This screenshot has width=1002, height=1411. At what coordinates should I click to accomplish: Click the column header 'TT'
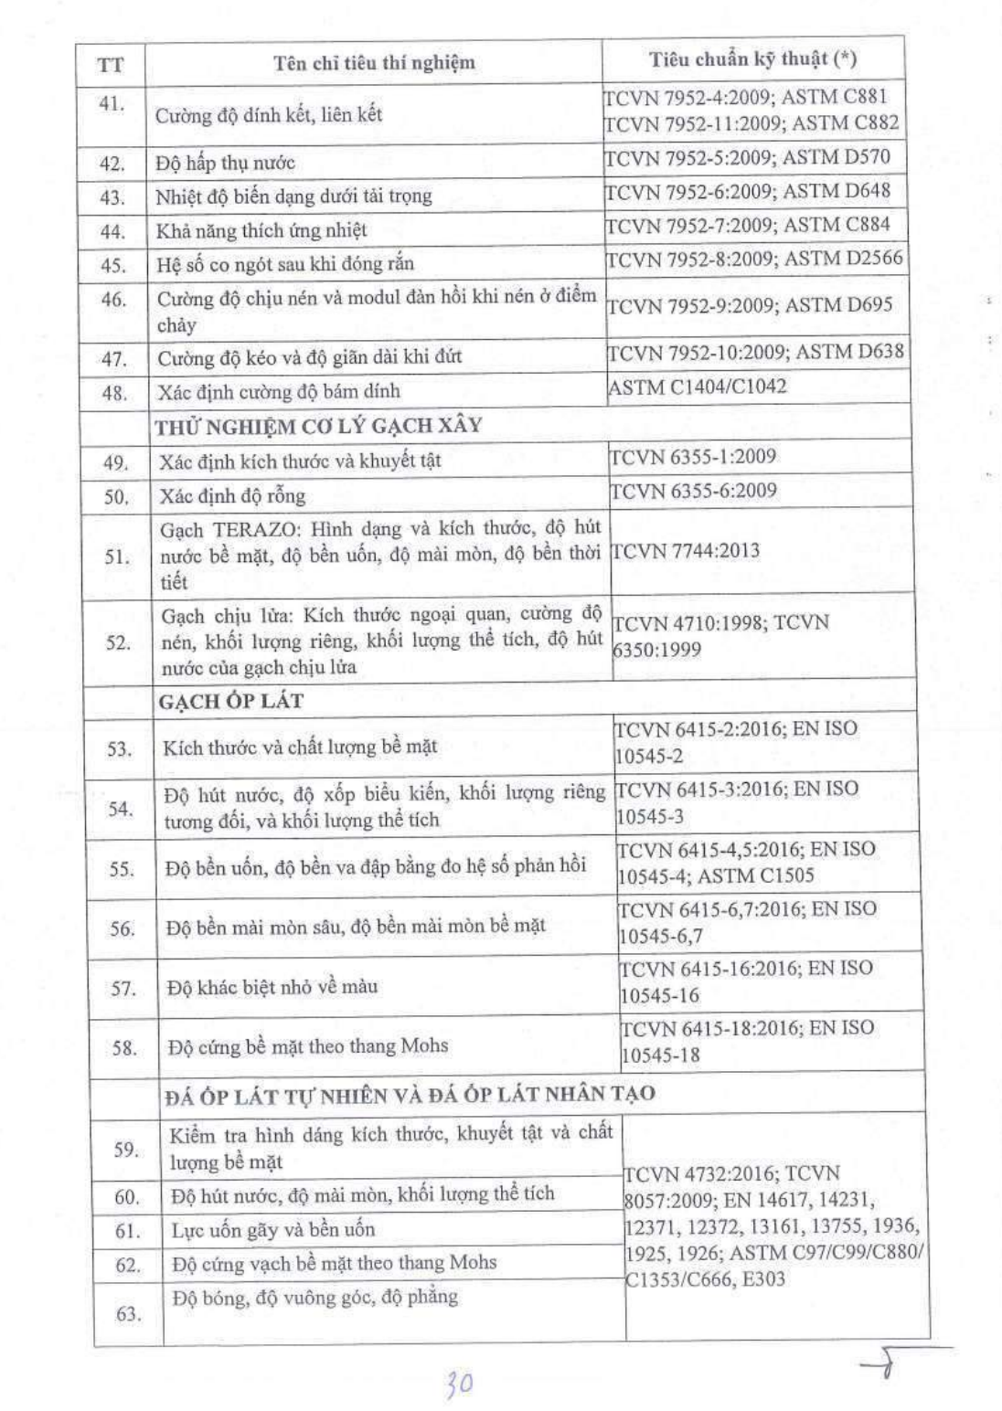coord(110,64)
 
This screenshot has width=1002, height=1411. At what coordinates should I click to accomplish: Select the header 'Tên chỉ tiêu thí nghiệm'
coord(374,62)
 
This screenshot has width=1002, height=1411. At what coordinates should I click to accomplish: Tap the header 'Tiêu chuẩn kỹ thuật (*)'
coord(752,59)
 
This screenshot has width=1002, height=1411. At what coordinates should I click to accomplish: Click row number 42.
coord(112,164)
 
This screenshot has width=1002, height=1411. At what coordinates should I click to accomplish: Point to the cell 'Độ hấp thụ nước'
coord(225,163)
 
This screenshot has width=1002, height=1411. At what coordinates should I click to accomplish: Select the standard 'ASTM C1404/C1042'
coord(697,387)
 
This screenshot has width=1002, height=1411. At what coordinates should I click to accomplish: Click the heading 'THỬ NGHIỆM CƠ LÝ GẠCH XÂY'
coord(318,426)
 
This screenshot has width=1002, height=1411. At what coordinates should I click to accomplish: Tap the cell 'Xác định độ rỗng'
coord(232,496)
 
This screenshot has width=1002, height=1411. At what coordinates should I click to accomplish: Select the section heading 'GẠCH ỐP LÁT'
coord(230,701)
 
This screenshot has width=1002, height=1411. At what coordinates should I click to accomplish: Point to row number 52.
coord(118,642)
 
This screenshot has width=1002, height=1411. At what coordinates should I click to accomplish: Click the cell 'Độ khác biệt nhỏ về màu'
coord(272,987)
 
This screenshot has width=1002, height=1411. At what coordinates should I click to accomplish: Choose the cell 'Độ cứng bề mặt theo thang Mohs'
coord(308,1046)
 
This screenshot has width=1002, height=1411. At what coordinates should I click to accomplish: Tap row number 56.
coord(122,929)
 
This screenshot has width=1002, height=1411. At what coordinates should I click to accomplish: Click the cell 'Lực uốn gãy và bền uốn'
coord(272,1230)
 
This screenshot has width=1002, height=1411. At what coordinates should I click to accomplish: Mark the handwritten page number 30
coord(459,1384)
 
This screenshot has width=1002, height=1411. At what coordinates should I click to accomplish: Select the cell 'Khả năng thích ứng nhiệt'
coord(261,230)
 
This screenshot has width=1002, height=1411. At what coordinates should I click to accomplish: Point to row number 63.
coord(127,1314)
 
